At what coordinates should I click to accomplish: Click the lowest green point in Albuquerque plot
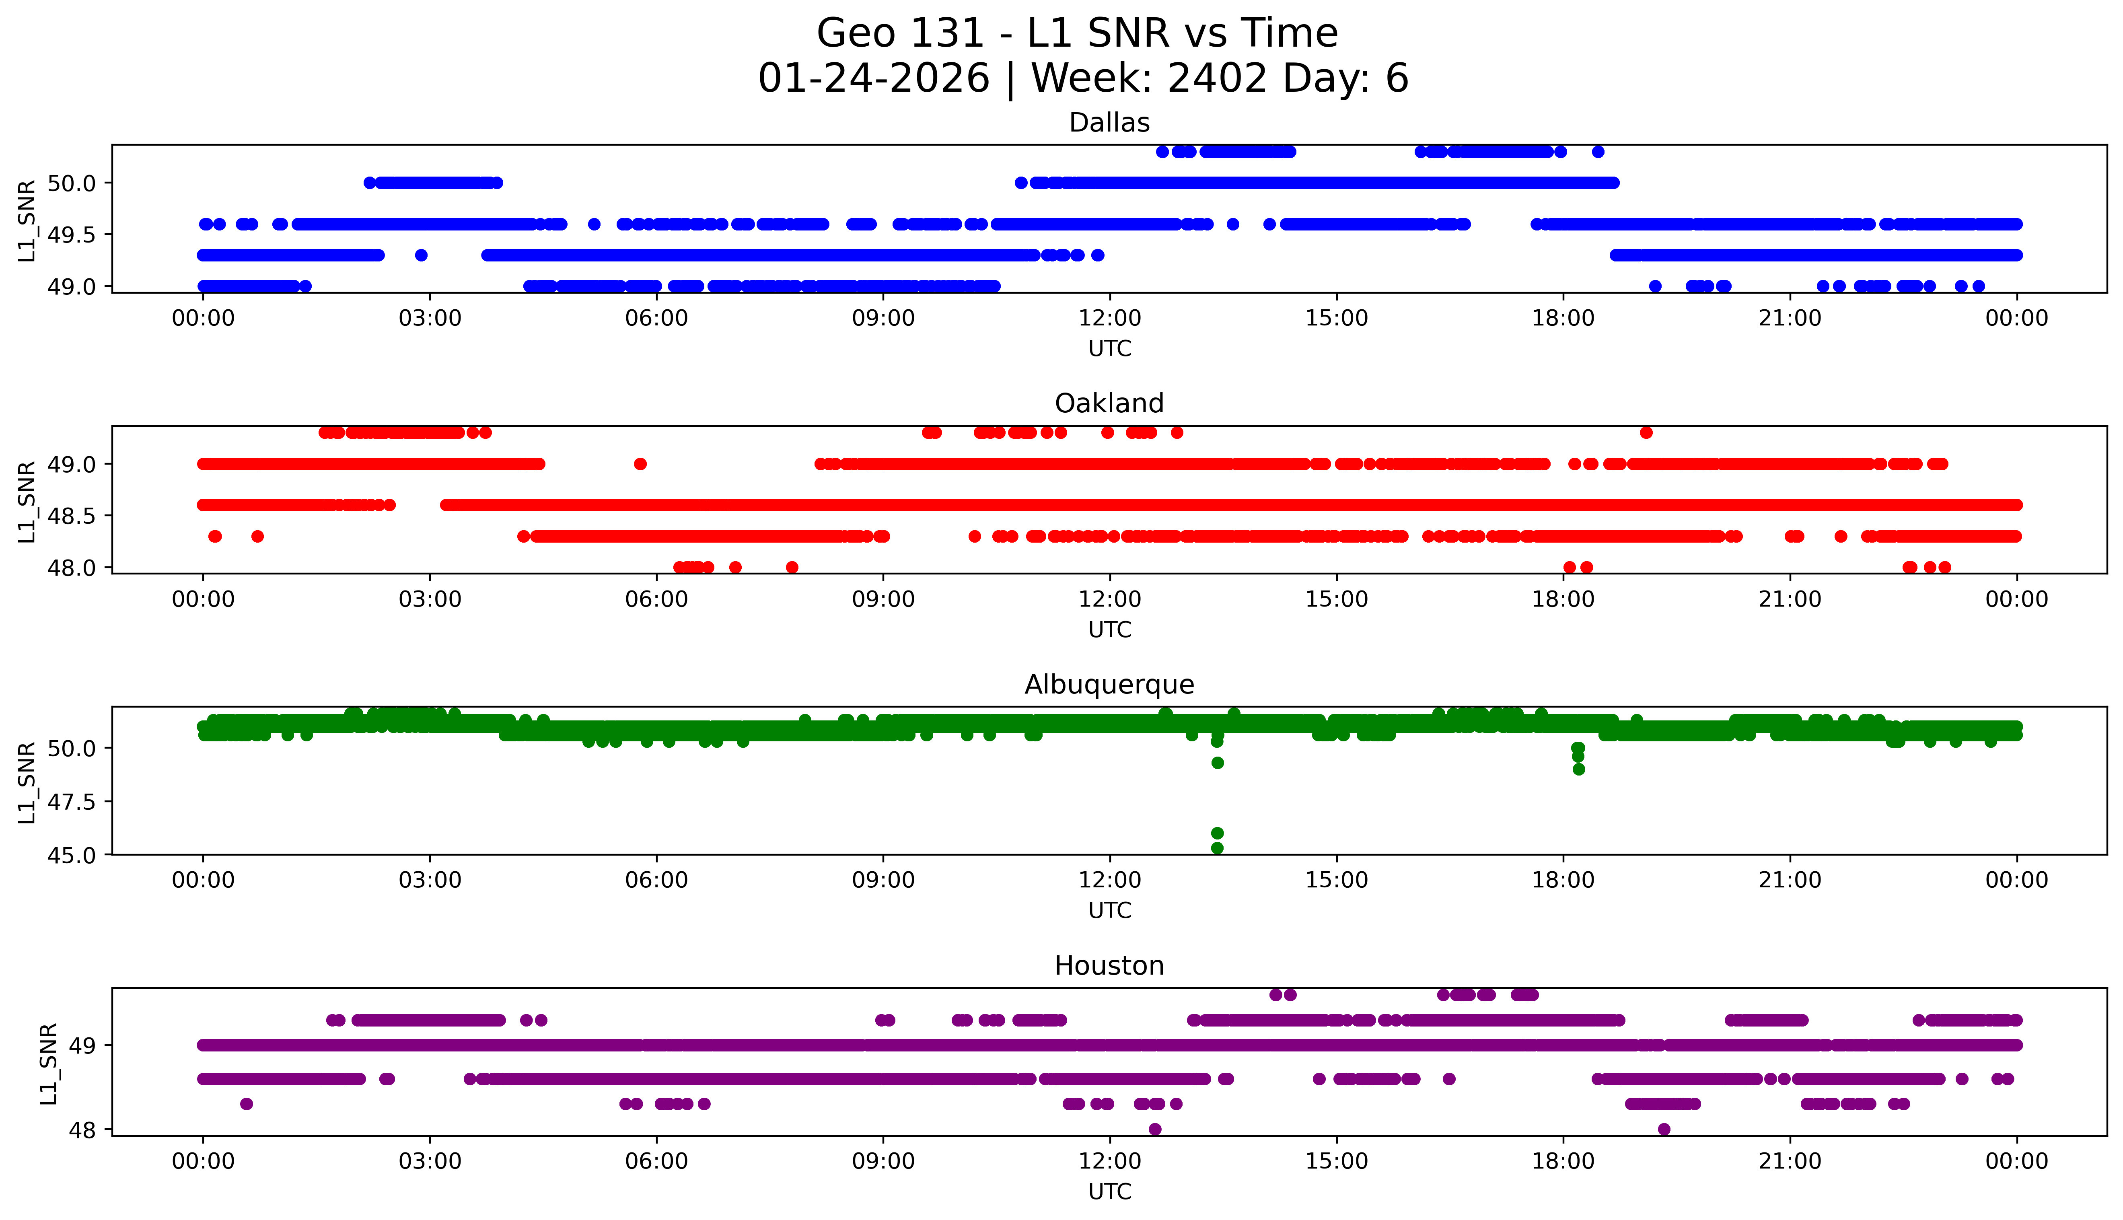(x=1217, y=848)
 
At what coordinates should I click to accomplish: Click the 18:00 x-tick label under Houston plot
(x=1563, y=1161)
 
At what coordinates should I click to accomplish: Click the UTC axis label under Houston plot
(x=1109, y=1191)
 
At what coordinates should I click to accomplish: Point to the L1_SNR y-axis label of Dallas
(x=27, y=220)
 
